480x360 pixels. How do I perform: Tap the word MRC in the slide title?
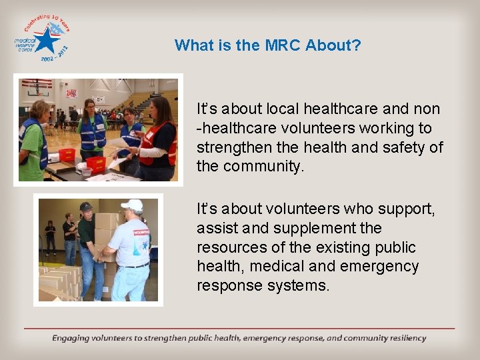click(283, 45)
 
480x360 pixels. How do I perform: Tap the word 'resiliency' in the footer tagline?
click(403, 338)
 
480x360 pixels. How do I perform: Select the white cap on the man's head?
click(133, 205)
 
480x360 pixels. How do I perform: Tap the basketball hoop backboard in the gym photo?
click(36, 85)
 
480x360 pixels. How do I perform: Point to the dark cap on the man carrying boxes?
click(85, 207)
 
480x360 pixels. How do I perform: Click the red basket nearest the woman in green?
click(67, 155)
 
